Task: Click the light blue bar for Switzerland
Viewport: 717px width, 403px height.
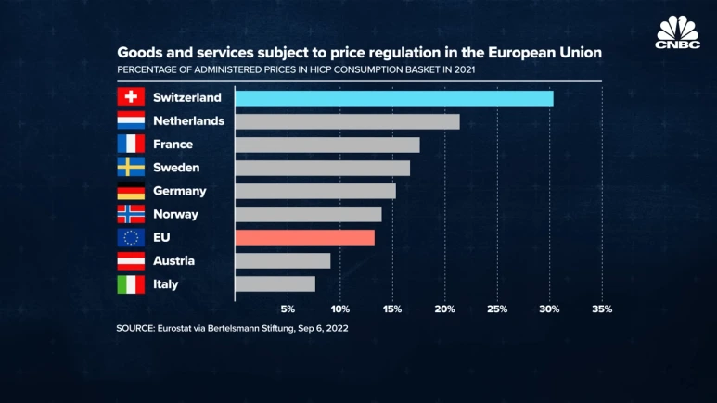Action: point(394,98)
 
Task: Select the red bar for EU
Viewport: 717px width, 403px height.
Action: point(304,237)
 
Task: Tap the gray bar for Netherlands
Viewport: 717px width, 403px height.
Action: point(347,121)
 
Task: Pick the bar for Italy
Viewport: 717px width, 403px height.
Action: point(275,284)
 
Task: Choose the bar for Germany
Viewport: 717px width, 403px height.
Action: point(315,191)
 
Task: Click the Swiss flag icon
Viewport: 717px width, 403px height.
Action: point(131,97)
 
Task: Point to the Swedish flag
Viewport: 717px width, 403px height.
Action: point(131,168)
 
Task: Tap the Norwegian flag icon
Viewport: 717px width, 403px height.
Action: point(131,214)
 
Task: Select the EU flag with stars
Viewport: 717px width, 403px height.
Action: point(131,238)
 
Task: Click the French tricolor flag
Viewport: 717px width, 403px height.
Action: point(131,144)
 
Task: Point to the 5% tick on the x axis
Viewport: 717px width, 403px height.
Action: point(288,309)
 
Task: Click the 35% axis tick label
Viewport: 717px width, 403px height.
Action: point(602,309)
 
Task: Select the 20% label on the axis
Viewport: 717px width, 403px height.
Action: point(445,309)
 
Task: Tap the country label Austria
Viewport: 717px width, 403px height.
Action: point(174,261)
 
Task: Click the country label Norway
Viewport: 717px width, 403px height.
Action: point(175,214)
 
